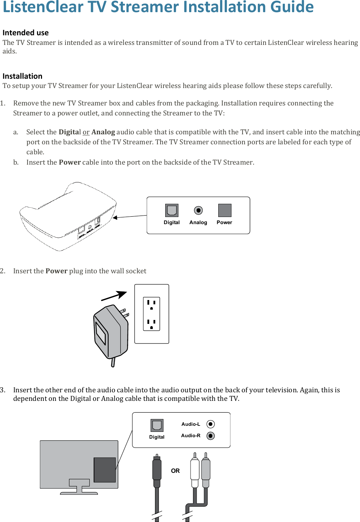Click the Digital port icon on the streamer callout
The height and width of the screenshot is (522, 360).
click(x=172, y=211)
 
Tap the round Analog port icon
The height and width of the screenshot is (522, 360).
click(x=198, y=210)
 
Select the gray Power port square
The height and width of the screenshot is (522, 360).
click(x=225, y=210)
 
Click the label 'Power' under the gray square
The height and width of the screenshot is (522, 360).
click(x=224, y=222)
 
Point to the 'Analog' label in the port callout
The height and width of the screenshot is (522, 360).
click(x=198, y=222)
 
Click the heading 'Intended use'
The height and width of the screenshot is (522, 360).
click(x=26, y=33)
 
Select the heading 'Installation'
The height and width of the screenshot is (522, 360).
click(x=22, y=76)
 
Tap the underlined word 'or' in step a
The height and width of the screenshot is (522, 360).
click(x=86, y=132)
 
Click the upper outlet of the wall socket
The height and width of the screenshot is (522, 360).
click(x=151, y=305)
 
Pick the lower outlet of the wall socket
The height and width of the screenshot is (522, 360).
click(x=151, y=324)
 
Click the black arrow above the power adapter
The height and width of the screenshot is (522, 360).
click(x=114, y=296)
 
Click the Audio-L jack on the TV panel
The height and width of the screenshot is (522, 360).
click(x=210, y=424)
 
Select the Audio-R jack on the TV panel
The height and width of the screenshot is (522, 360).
click(x=210, y=436)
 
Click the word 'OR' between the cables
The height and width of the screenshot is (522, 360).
click(x=175, y=471)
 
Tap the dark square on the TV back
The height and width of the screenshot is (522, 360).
click(x=105, y=470)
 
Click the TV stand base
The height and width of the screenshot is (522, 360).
click(x=79, y=493)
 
